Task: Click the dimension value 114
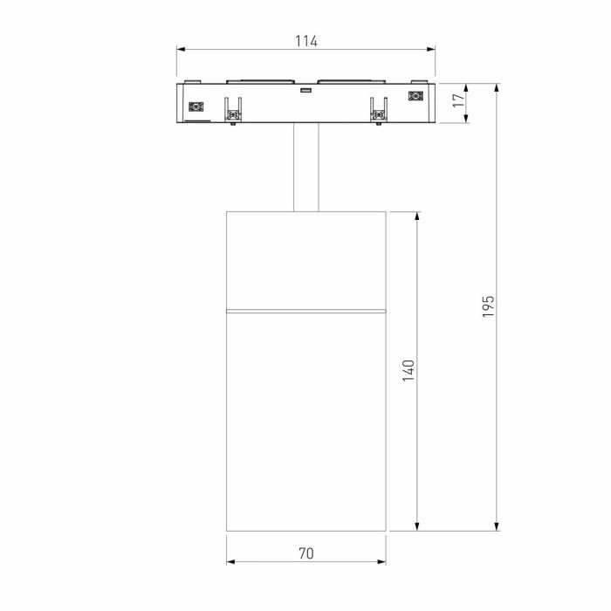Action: (305, 41)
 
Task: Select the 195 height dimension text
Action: (489, 305)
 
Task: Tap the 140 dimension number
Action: (408, 370)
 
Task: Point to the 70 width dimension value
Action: (305, 553)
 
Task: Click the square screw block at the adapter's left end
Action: (195, 106)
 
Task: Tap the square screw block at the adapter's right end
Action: (415, 97)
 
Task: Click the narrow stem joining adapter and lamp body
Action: (305, 168)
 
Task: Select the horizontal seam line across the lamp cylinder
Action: (305, 310)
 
